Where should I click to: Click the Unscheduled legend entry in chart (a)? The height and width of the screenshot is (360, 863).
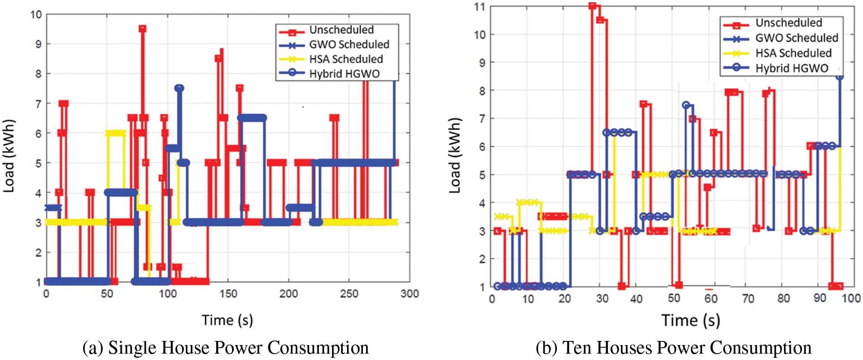(341, 30)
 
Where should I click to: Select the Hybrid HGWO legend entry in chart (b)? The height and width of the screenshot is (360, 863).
(791, 69)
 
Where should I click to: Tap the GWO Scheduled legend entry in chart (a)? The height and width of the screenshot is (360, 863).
(349, 44)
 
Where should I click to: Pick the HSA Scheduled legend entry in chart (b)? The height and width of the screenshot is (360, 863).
(793, 53)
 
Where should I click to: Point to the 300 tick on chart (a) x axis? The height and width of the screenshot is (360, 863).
(409, 294)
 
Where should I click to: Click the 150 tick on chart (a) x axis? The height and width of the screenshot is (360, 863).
(228, 294)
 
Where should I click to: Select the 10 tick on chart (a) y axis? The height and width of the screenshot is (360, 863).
(36, 15)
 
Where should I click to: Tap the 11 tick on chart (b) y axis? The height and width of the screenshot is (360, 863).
(479, 7)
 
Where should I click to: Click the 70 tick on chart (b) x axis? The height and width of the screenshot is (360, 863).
(748, 299)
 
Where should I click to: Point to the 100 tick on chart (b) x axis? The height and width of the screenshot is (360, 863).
(851, 298)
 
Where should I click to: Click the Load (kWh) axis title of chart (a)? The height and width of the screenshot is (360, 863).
(9, 156)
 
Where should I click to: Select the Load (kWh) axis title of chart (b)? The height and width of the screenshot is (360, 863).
(455, 156)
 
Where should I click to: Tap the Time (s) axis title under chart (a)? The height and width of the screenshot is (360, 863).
(227, 321)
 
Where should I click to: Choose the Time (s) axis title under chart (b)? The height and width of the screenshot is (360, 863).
(690, 321)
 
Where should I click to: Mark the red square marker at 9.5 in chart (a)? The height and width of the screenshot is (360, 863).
(143, 29)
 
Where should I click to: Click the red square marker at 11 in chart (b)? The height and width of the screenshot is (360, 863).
(592, 6)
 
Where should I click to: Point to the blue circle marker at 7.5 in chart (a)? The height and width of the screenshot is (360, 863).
(179, 88)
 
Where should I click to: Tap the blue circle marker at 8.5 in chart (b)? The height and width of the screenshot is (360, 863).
(839, 76)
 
